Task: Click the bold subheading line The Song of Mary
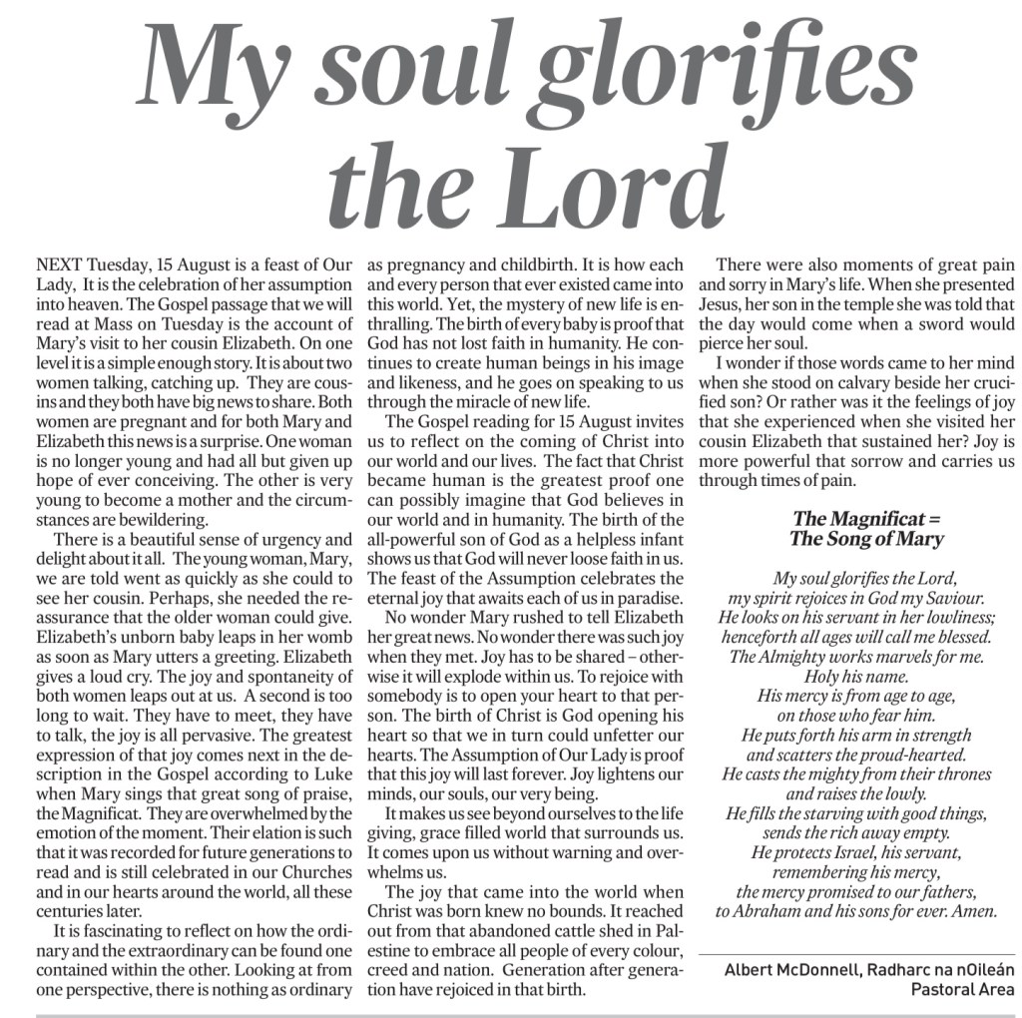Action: click(x=865, y=540)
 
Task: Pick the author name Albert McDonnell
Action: click(x=785, y=970)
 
